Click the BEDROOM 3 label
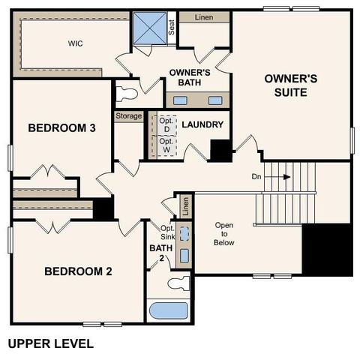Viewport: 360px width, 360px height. [x=61, y=128]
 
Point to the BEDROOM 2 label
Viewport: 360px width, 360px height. [x=77, y=271]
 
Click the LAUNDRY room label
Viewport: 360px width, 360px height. [x=204, y=124]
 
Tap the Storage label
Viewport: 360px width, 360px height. [x=128, y=116]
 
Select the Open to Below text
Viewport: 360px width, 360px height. [x=224, y=234]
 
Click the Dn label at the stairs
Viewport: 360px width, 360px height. [x=256, y=177]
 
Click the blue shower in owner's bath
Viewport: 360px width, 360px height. [x=148, y=28]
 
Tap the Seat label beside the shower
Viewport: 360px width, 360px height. [x=172, y=28]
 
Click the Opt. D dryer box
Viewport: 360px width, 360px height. [x=166, y=124]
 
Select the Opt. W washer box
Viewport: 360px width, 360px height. [x=166, y=144]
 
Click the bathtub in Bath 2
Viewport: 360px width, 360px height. [x=166, y=310]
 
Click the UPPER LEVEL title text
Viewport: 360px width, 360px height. [x=50, y=343]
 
